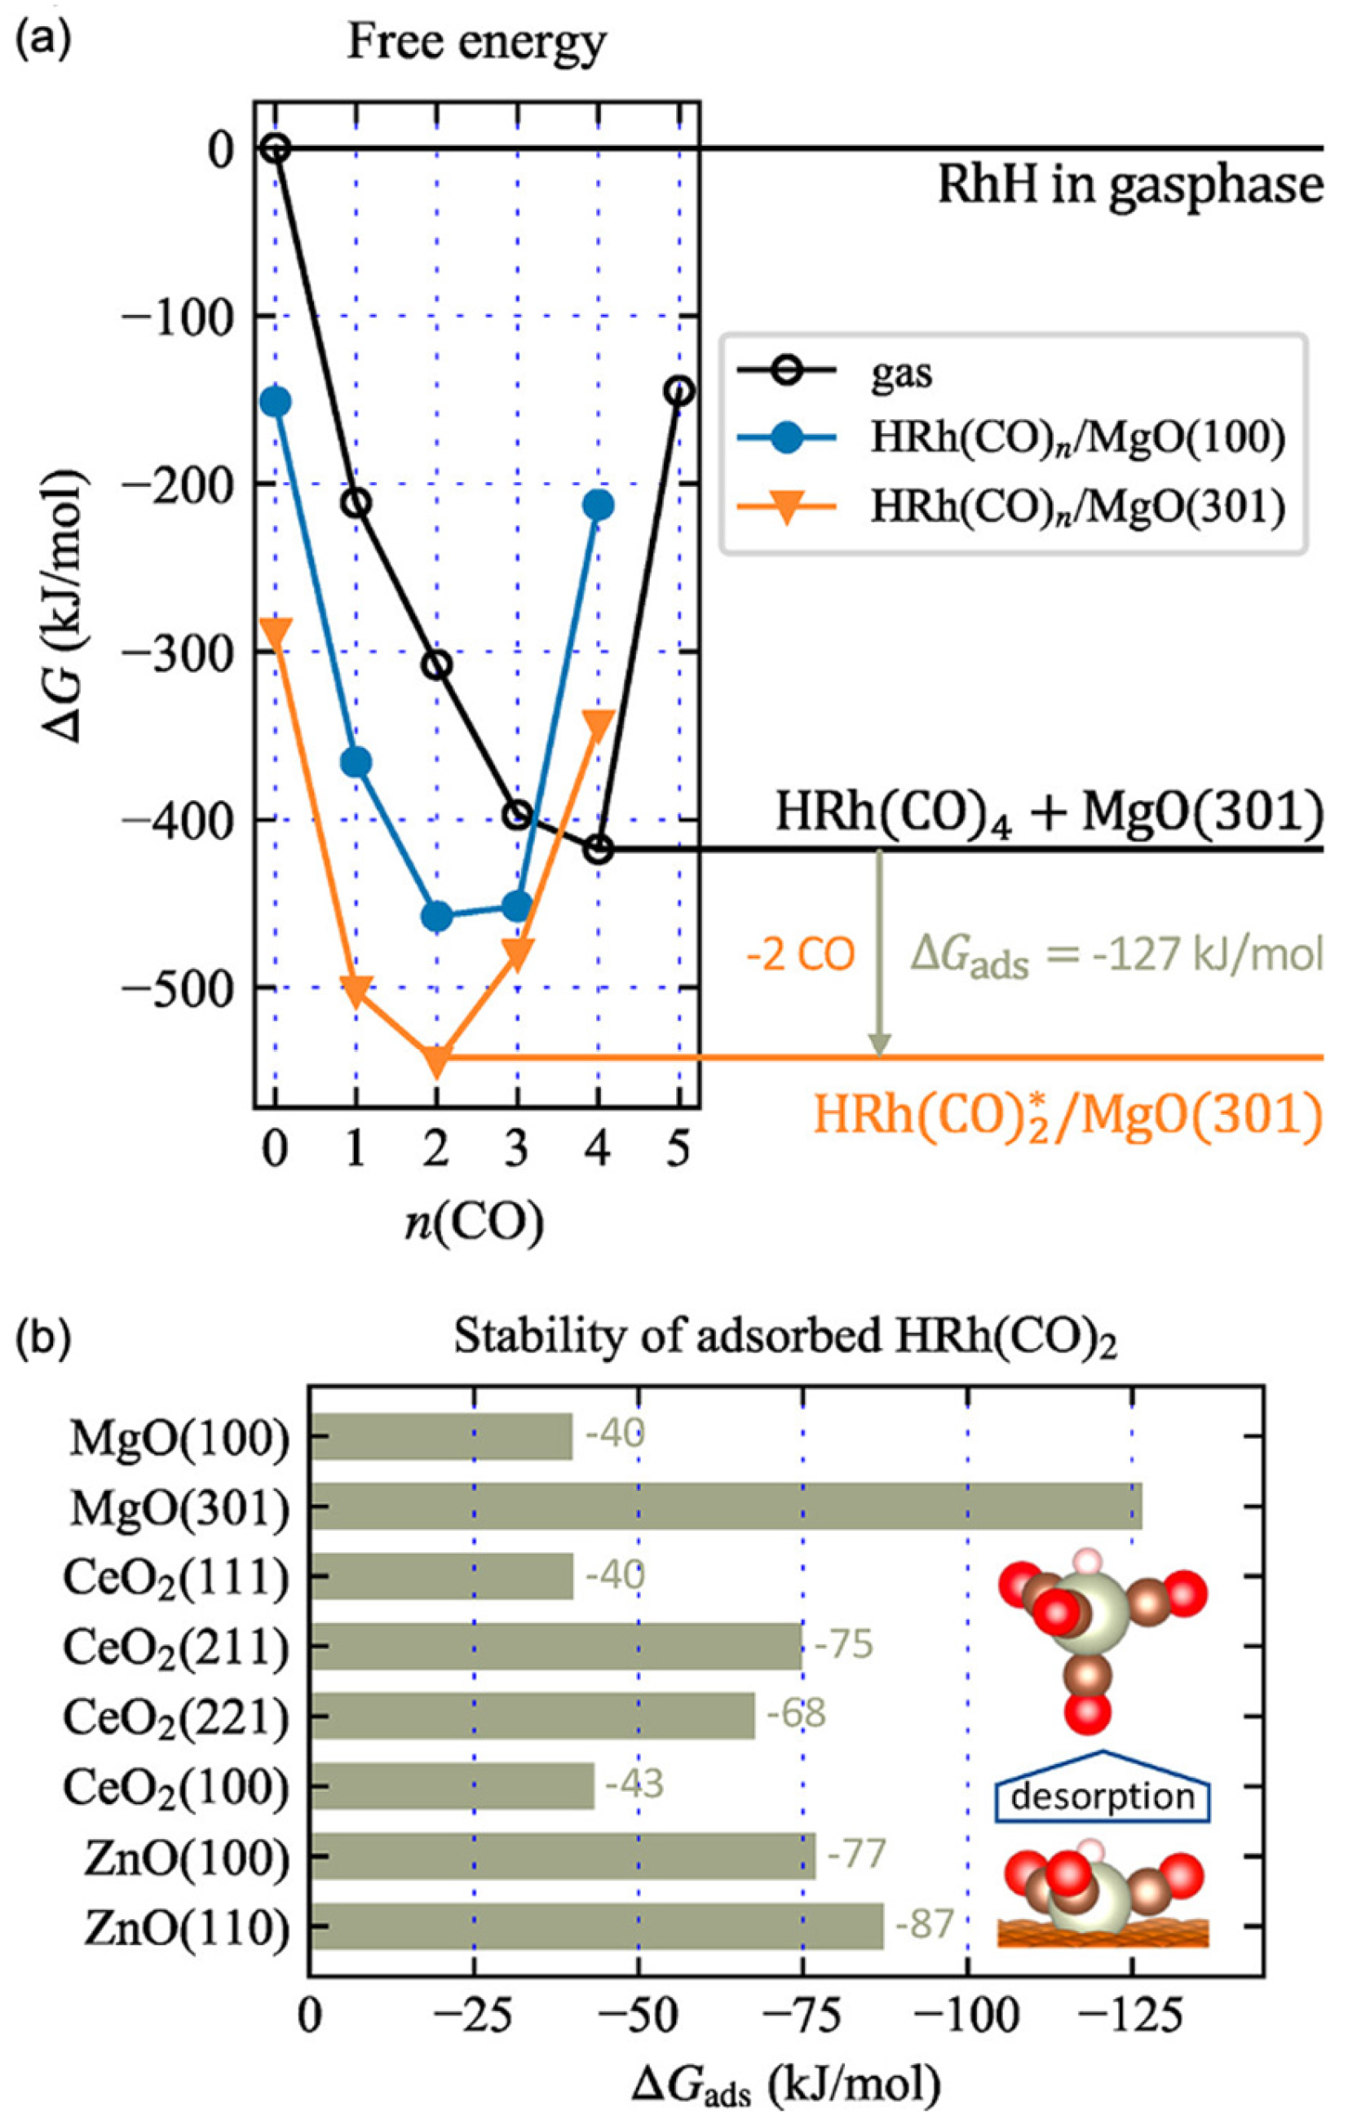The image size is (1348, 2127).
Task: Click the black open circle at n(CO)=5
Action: click(678, 390)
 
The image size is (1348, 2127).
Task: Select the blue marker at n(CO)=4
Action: click(598, 506)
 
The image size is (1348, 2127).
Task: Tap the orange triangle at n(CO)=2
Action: click(436, 1060)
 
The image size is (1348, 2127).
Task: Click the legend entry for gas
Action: click(899, 374)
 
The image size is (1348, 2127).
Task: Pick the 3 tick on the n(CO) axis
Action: click(518, 1151)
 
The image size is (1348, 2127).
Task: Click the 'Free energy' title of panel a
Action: click(477, 42)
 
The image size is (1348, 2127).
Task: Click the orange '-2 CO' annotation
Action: click(800, 956)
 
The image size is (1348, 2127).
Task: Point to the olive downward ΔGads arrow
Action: click(878, 954)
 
